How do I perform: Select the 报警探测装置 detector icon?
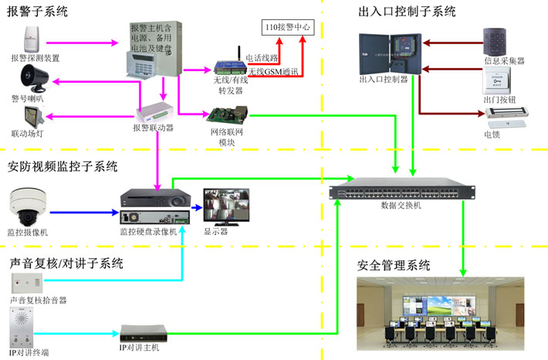coord(31,36)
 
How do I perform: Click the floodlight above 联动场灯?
coord(32,117)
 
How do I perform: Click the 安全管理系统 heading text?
coord(394,265)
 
